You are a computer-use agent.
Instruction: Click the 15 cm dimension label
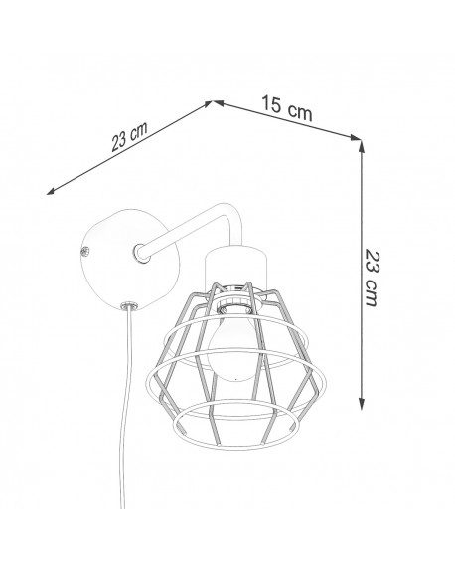[287, 108]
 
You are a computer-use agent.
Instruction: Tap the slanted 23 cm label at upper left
[129, 137]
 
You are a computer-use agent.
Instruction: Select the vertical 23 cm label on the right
[372, 277]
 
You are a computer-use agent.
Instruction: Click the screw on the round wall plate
[85, 252]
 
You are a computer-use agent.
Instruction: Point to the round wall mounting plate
[129, 260]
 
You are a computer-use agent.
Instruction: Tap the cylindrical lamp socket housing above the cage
[235, 267]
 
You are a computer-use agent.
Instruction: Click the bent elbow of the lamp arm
[232, 213]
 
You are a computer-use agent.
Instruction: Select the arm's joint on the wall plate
[141, 252]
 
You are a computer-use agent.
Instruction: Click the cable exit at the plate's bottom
[129, 306]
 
